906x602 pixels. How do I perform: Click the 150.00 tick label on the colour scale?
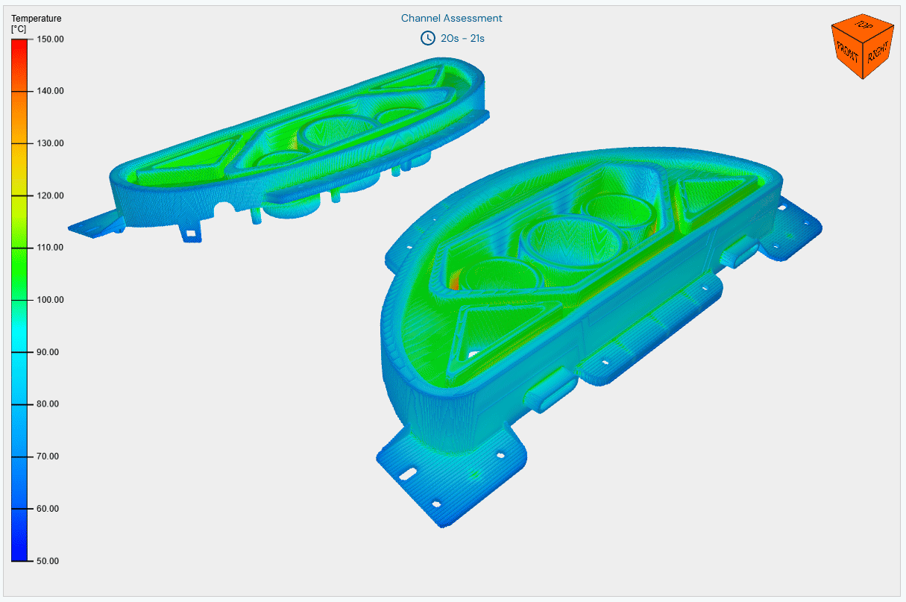click(x=50, y=40)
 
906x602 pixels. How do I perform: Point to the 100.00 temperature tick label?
click(x=50, y=300)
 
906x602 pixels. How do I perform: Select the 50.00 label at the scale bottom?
click(x=48, y=561)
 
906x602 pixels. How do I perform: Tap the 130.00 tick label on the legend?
click(x=50, y=143)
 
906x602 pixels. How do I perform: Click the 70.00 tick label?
click(x=48, y=457)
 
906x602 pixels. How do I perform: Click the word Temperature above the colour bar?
click(x=37, y=19)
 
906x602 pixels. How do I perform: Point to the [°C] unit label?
click(x=19, y=29)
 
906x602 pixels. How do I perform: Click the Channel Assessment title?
click(x=451, y=18)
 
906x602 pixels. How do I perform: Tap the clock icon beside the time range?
click(x=428, y=38)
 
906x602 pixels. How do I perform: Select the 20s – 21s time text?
click(x=462, y=39)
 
